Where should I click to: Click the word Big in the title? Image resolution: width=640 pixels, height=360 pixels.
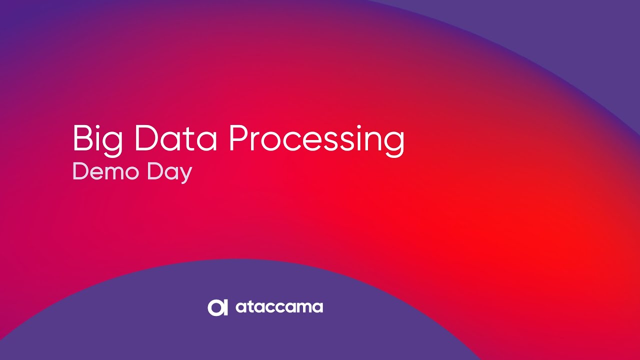(98, 140)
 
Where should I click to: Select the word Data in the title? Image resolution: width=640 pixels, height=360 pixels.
(175, 138)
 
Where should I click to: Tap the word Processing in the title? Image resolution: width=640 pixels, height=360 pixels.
(317, 140)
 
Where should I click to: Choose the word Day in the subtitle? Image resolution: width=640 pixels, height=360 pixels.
(169, 173)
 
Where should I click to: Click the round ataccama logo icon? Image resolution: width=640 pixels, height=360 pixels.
(217, 307)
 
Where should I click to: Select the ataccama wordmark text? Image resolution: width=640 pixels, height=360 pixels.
(279, 307)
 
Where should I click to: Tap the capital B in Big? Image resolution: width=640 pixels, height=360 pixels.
(83, 138)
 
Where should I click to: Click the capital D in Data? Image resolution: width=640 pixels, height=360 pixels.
(145, 138)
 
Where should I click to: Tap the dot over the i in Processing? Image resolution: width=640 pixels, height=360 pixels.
(359, 127)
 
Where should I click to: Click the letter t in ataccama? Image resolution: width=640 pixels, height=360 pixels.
(249, 307)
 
